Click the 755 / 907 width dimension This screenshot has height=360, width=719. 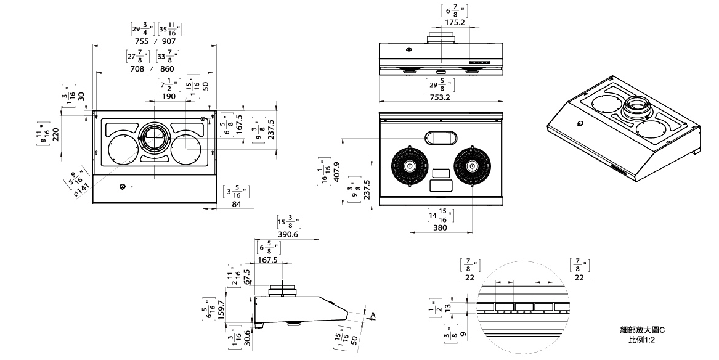pyautogui.click(x=155, y=41)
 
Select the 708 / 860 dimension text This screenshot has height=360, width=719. pyautogui.click(x=153, y=68)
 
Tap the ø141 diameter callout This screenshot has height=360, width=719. pyautogui.click(x=82, y=189)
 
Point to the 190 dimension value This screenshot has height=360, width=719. pyautogui.click(x=168, y=96)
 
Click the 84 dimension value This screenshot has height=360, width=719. pyautogui.click(x=236, y=204)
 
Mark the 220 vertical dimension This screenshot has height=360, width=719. pyautogui.click(x=55, y=134)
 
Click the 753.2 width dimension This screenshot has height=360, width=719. pyautogui.click(x=440, y=97)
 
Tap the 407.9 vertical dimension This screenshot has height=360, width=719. pyautogui.click(x=337, y=172)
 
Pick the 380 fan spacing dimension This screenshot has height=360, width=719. pyautogui.click(x=439, y=227)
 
